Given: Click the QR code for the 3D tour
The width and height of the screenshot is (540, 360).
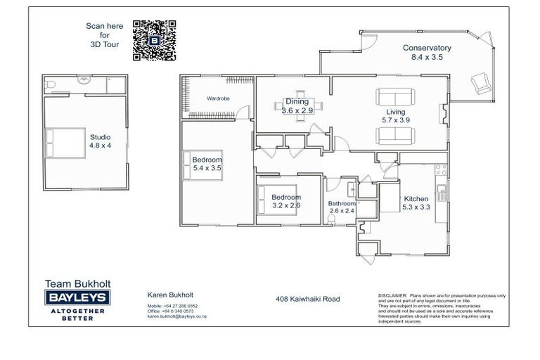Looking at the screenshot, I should (x=153, y=36).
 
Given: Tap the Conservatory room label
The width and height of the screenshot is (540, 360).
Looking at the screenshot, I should (x=426, y=49).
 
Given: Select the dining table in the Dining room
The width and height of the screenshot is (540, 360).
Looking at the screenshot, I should (x=297, y=107).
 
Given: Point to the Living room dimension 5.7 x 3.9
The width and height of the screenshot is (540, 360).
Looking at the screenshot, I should (x=396, y=120).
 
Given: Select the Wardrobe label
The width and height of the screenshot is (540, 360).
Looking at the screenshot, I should (x=218, y=98).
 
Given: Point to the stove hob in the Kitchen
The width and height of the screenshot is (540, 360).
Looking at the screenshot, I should (x=441, y=170).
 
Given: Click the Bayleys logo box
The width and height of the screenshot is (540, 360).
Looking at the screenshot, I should (x=78, y=297).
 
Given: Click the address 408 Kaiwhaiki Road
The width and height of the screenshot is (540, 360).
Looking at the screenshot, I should (x=307, y=299).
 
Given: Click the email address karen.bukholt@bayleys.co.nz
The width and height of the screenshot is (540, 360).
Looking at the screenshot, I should (x=176, y=316).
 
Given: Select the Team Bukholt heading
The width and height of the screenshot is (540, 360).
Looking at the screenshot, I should (x=78, y=284).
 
